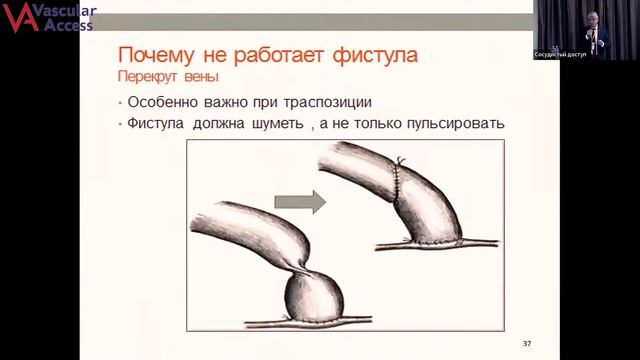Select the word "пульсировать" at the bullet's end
point(453,125)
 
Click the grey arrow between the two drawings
point(313,202)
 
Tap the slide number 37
point(527,344)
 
